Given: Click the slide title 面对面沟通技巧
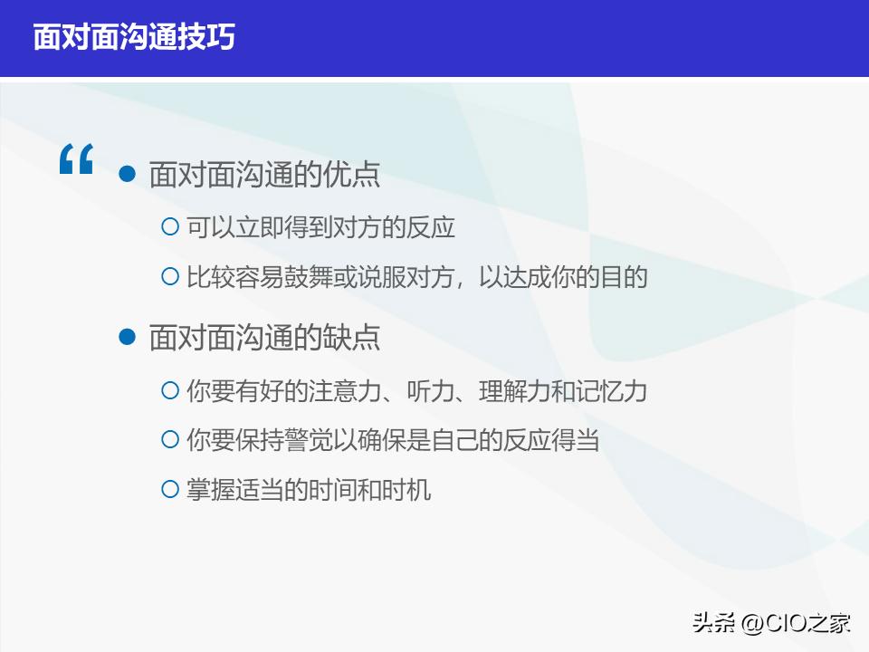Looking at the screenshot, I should [134, 37].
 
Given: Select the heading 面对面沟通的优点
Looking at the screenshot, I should [264, 174].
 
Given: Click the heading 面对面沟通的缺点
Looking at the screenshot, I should [264, 337].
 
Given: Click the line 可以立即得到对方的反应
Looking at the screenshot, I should [320, 227].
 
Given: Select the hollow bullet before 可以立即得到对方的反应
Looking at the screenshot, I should [169, 226].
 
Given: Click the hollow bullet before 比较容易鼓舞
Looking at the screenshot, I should [169, 276].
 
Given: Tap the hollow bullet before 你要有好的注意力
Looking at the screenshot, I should [169, 390].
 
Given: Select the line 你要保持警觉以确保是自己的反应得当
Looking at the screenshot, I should [393, 441].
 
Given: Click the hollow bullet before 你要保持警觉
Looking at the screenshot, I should [169, 440].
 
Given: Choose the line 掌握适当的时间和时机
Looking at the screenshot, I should [309, 491].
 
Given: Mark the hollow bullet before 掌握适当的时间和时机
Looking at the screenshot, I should [169, 490].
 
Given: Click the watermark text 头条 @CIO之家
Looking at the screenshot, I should [771, 623].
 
